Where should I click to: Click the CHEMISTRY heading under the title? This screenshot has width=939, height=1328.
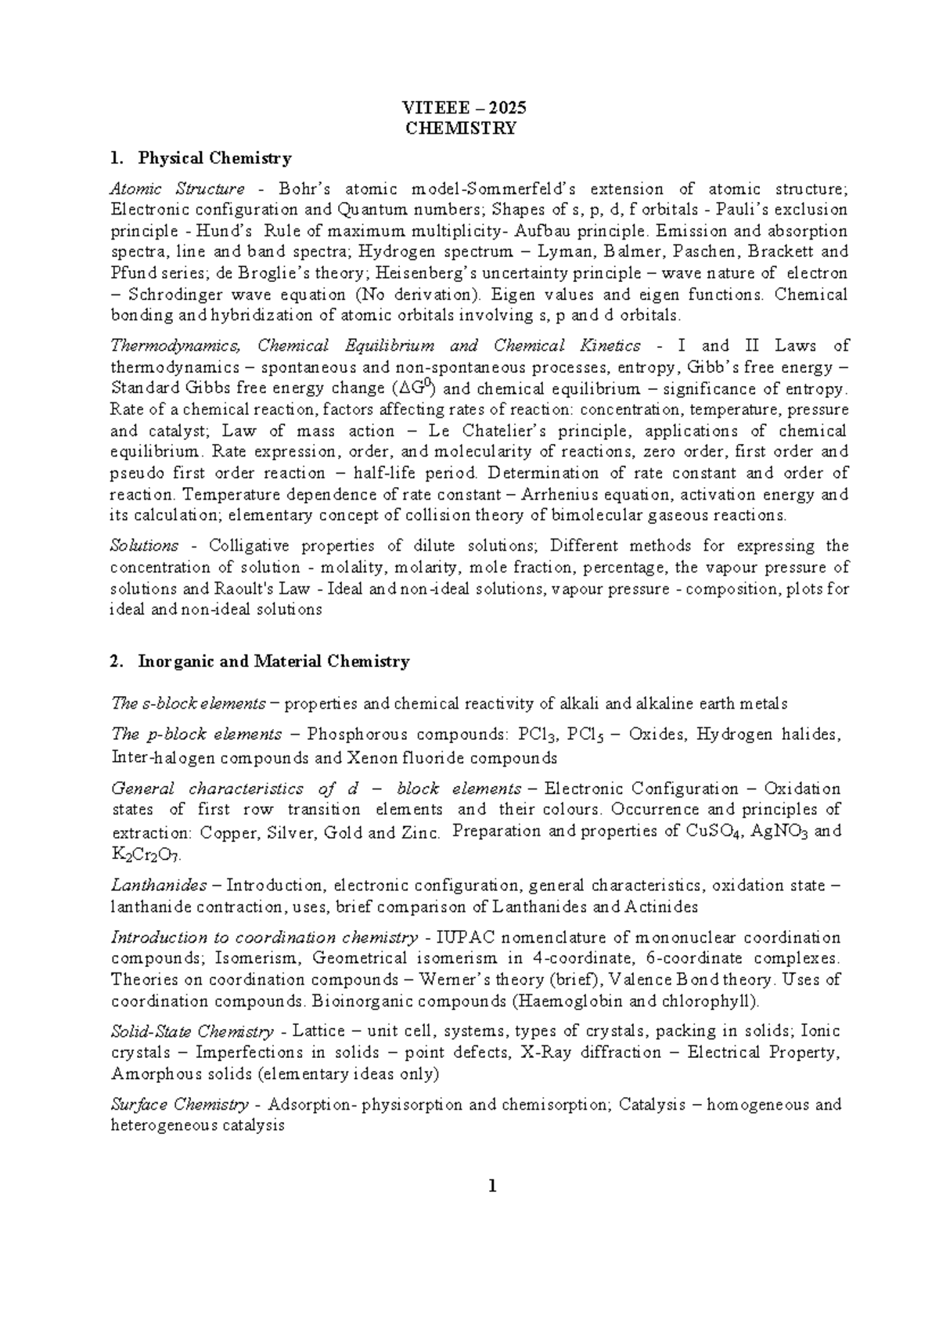[461, 128]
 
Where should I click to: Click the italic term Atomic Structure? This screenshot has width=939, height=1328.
[177, 189]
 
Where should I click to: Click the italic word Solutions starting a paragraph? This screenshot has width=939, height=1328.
[144, 546]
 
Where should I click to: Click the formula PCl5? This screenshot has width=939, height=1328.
[585, 735]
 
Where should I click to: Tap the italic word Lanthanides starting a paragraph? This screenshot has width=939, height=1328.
[159, 886]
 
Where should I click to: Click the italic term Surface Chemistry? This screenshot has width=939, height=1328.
[179, 1105]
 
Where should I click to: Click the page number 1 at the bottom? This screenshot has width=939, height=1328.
[492, 1186]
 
